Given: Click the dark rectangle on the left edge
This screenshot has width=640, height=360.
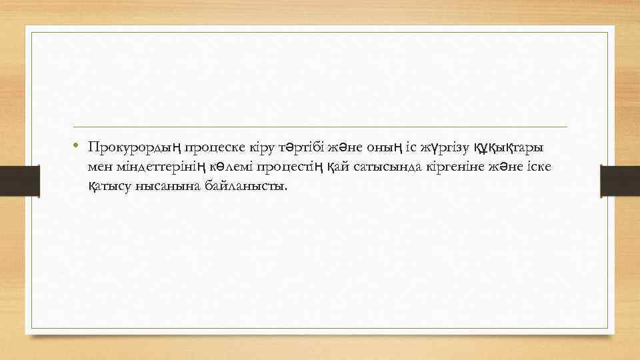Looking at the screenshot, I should (x=20, y=181).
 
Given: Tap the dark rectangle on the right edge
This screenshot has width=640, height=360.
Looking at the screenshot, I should (x=620, y=181).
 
